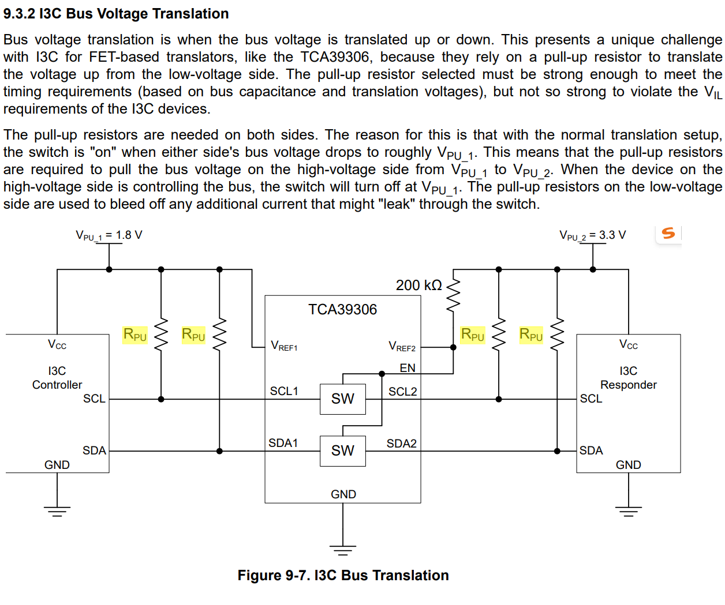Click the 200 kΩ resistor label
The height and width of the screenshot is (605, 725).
(418, 285)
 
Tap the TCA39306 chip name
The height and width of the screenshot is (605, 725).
(342, 310)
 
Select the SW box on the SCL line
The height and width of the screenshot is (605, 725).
(343, 399)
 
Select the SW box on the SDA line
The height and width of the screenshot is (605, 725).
(343, 451)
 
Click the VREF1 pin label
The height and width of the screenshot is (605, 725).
(284, 346)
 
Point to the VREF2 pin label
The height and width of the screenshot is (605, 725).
(402, 346)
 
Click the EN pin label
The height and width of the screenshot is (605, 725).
(408, 368)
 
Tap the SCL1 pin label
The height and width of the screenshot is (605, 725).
(284, 391)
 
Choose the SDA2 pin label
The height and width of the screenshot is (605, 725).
(401, 444)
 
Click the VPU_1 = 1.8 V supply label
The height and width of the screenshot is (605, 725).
(109, 235)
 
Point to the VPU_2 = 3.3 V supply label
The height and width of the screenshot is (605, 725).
(592, 235)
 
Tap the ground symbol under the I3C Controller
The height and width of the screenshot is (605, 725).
(57, 512)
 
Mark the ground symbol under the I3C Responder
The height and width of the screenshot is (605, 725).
(629, 512)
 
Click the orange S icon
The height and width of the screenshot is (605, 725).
(668, 233)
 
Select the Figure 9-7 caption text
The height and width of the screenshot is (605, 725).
(343, 576)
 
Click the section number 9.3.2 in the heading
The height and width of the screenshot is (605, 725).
(19, 14)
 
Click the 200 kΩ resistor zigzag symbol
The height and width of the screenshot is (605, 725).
(453, 295)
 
